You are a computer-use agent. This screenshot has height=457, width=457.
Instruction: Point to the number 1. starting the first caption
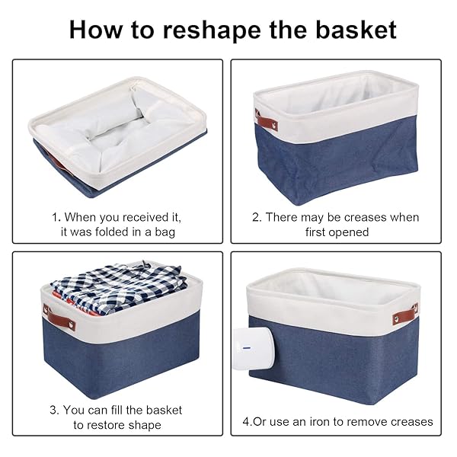pyautogui.click(x=56, y=217)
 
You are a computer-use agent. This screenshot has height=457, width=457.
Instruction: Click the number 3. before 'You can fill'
pyautogui.click(x=54, y=410)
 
